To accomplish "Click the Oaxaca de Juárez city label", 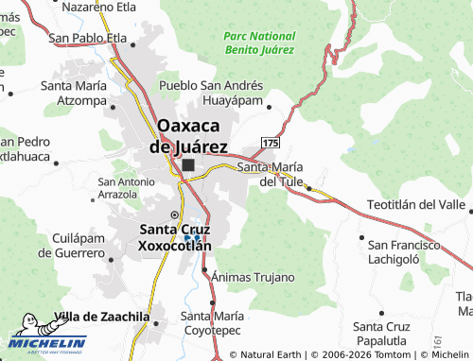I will tap(189, 136).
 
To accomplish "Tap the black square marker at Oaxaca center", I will tap(188, 165).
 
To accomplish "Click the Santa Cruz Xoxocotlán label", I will tap(175, 236).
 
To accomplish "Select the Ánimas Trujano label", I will tap(253, 277).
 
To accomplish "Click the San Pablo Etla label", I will tap(87, 38).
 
